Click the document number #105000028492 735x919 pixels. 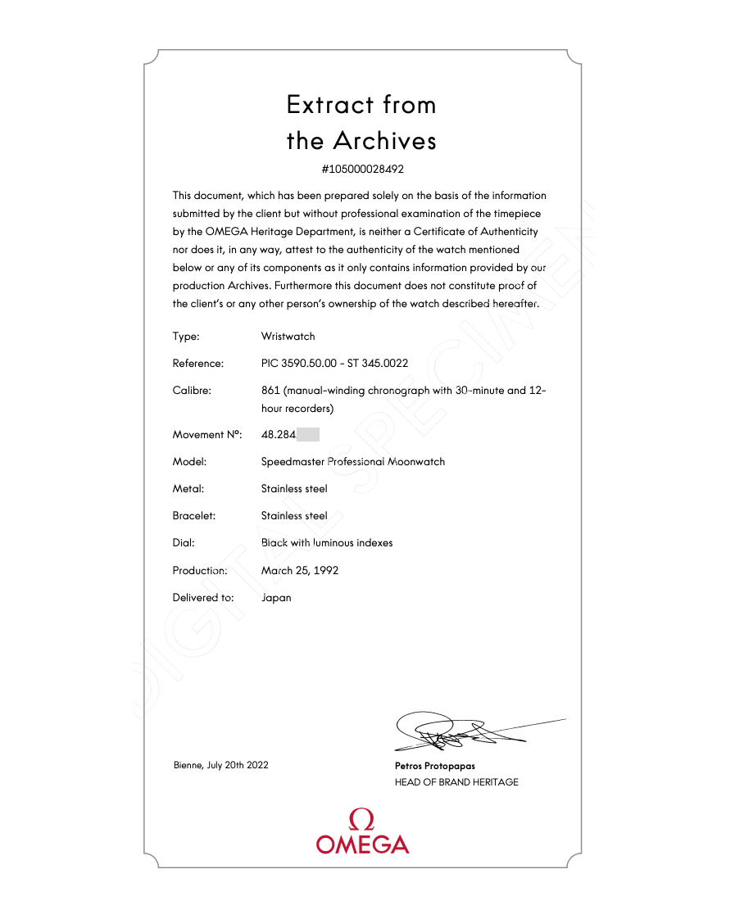click(362, 170)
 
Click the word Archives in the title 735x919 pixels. click(384, 141)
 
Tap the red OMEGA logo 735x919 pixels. click(362, 832)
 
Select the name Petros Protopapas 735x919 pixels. click(434, 766)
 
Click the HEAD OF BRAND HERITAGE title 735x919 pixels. click(456, 782)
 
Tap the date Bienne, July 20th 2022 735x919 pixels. click(220, 765)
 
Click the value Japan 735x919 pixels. click(276, 597)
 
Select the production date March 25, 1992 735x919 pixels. click(300, 570)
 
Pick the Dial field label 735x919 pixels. click(184, 542)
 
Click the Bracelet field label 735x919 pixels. click(193, 515)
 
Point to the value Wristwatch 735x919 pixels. click(288, 336)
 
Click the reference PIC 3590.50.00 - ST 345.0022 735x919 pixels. click(334, 363)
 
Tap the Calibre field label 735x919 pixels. click(192, 390)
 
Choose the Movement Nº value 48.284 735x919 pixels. click(278, 434)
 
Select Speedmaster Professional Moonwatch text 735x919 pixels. click(352, 461)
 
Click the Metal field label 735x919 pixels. click(188, 488)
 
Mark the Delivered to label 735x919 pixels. click(202, 597)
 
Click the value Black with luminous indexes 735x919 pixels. click(326, 542)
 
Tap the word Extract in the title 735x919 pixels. click(329, 105)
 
